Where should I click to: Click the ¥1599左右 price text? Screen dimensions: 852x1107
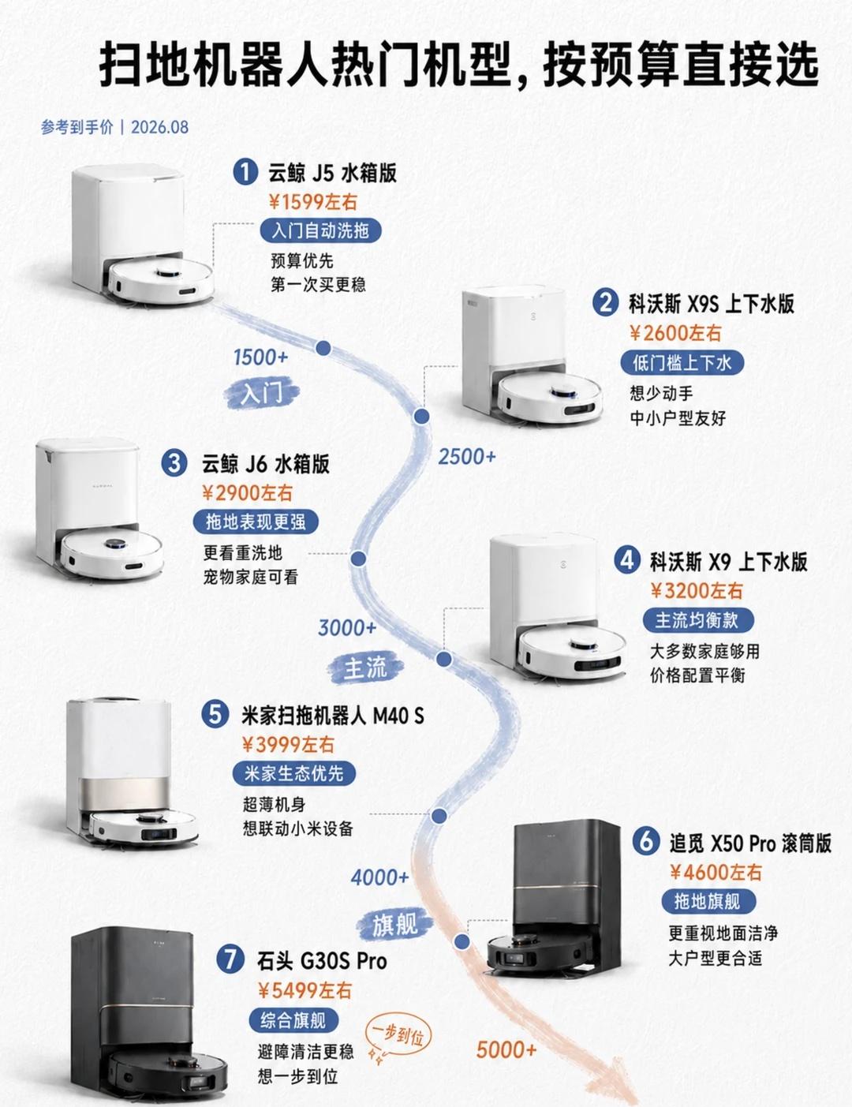pyautogui.click(x=313, y=202)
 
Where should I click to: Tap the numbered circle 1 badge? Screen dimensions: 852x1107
pyautogui.click(x=245, y=172)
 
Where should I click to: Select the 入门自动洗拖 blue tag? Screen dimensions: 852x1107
pyautogui.click(x=320, y=232)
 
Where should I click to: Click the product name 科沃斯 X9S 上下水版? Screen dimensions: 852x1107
pyautogui.click(x=712, y=304)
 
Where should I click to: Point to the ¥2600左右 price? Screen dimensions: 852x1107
pyautogui.click(x=676, y=333)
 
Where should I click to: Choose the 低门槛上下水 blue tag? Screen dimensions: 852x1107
pyautogui.click(x=682, y=363)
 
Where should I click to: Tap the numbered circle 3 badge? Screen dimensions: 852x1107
pyautogui.click(x=174, y=463)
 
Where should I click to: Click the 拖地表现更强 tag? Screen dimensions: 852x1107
pyautogui.click(x=256, y=522)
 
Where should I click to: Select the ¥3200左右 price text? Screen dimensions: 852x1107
pyautogui.click(x=697, y=591)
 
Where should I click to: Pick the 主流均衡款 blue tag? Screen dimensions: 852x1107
pyautogui.click(x=697, y=620)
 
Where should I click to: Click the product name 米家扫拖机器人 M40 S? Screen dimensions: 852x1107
pyautogui.click(x=333, y=716)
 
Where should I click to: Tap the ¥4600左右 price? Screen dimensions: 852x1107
pyautogui.click(x=716, y=873)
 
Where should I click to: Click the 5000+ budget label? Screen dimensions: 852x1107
pyautogui.click(x=506, y=1049)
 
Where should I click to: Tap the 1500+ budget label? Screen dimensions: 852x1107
pyautogui.click(x=261, y=357)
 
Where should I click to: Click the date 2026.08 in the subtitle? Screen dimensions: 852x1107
pyautogui.click(x=160, y=127)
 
